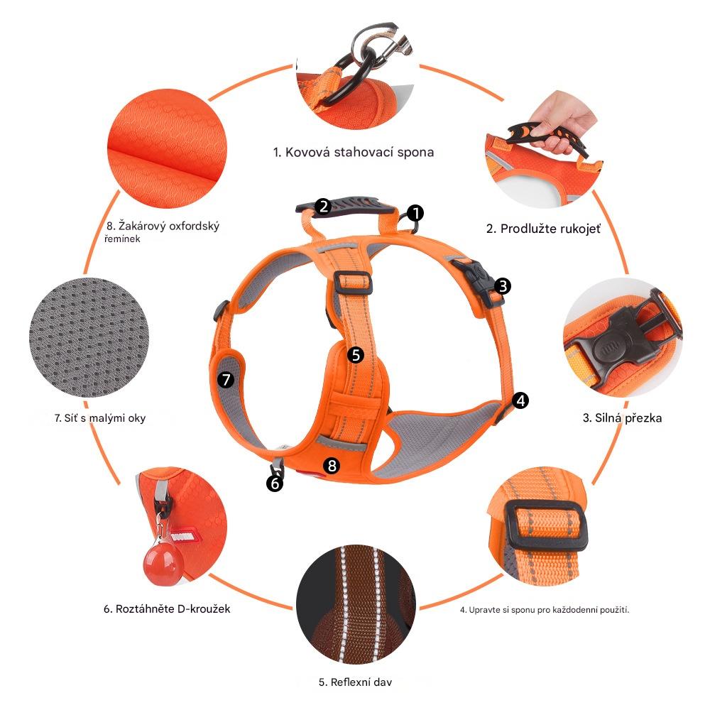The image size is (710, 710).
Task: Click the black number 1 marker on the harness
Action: click(415, 213)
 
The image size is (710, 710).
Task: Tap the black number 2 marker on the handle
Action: click(323, 207)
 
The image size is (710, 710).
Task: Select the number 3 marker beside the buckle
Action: click(503, 285)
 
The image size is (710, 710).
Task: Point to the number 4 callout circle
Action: click(520, 400)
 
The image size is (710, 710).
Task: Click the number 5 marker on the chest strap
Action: click(356, 355)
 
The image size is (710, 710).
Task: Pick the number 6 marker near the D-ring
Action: click(275, 484)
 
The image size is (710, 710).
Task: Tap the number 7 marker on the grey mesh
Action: click(226, 379)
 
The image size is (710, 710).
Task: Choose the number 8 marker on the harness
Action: click(332, 465)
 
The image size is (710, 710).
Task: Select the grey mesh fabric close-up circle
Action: click(89, 337)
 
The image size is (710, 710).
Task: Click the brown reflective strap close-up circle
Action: click(356, 604)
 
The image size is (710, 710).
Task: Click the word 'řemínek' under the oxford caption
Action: click(122, 239)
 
